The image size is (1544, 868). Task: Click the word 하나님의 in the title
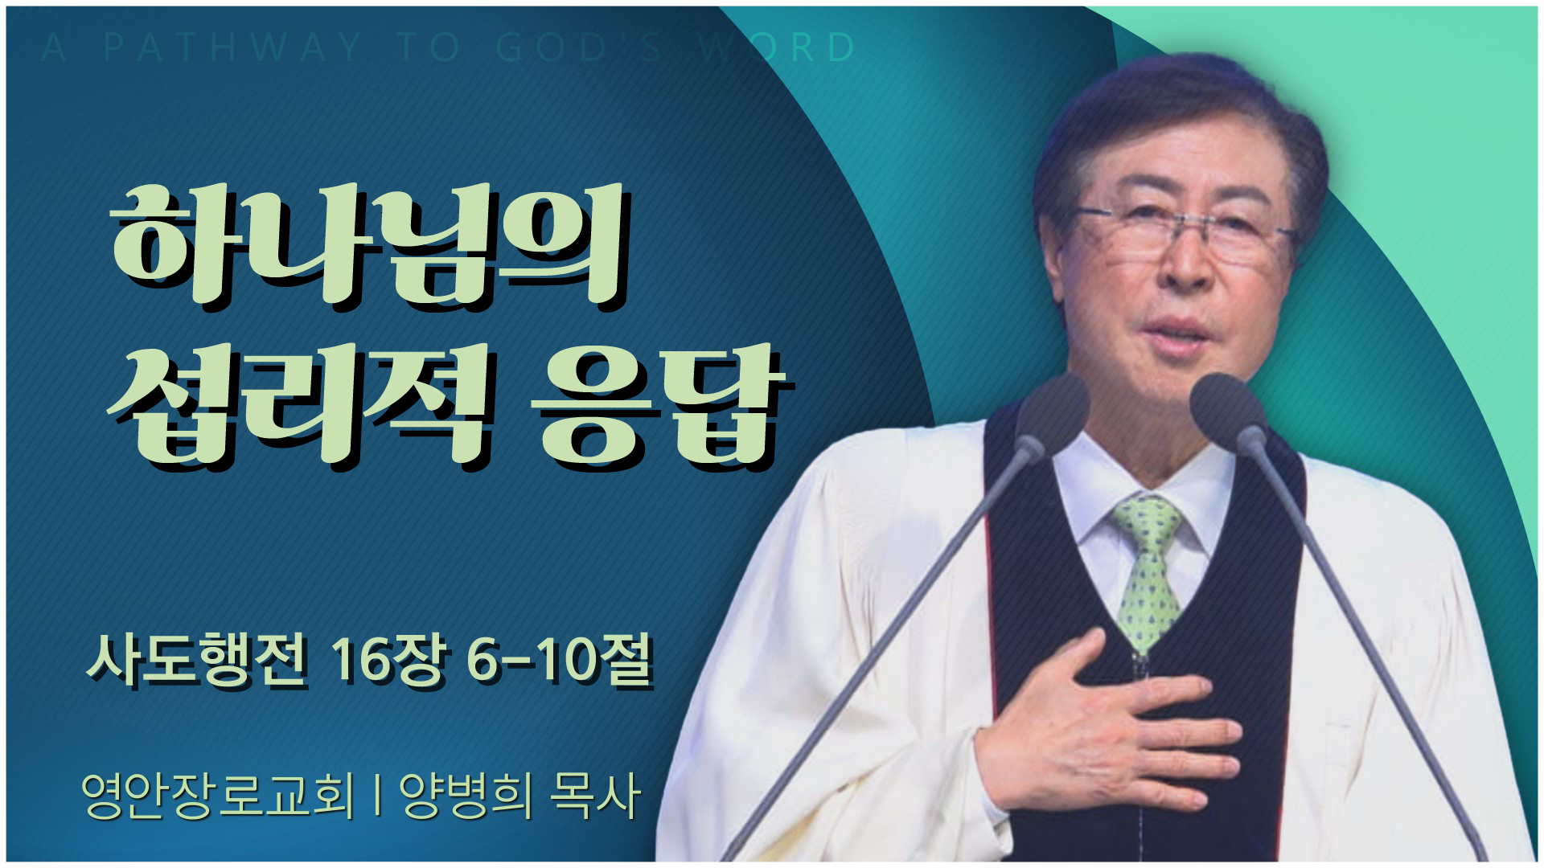coord(368,245)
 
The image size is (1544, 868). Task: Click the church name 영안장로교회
coord(218,796)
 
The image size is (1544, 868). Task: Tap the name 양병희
coord(466,796)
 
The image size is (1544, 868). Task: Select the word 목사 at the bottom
coord(595,796)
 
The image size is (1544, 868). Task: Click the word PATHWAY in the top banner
coord(233,48)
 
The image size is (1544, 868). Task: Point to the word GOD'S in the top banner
coord(579,48)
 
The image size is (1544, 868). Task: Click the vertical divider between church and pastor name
coord(377,796)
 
